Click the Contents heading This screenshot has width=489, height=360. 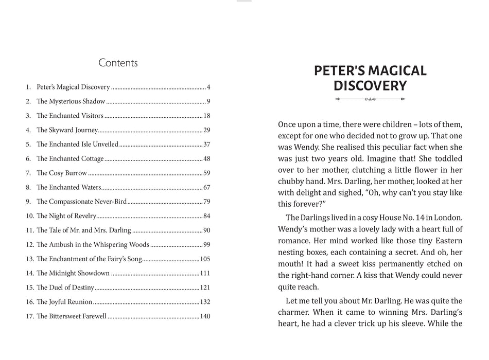[118, 63]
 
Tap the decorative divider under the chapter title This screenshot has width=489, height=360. [370, 99]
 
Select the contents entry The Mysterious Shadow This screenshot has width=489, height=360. [71, 102]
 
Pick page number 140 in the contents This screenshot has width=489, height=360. [205, 316]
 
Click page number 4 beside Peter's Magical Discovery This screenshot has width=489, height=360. [208, 87]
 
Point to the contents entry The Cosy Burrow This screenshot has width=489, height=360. [62, 173]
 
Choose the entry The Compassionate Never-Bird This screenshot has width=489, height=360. [82, 202]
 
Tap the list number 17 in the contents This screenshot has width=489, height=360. [29, 316]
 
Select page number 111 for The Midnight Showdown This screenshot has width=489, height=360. [205, 273]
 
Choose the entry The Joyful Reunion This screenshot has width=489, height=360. [64, 302]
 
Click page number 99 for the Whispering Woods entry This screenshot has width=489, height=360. [206, 245]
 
